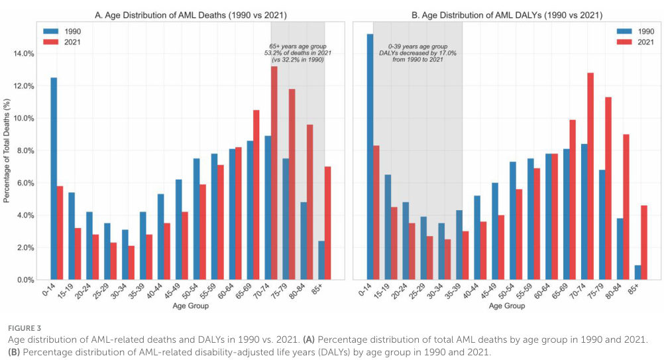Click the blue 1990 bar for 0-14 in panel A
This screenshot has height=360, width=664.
[54, 179]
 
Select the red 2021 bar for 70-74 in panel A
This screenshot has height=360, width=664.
[274, 173]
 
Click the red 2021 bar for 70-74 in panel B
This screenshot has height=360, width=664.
[590, 176]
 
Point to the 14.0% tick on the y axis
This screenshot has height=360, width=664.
[25, 54]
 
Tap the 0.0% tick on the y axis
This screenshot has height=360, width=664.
[27, 280]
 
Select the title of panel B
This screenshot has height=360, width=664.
[507, 10]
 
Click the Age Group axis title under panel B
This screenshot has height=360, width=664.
[507, 306]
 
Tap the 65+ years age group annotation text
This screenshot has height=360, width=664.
[298, 52]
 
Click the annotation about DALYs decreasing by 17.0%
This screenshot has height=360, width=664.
[417, 52]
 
